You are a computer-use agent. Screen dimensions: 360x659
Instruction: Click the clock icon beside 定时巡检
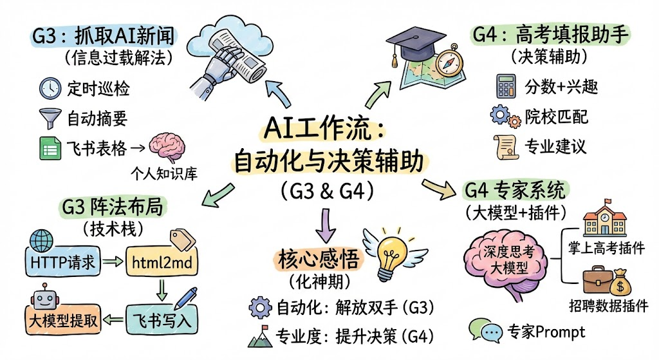tap(50, 87)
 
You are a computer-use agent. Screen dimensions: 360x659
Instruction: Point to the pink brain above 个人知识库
tap(166, 147)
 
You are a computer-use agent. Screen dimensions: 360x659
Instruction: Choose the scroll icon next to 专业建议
tap(503, 146)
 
